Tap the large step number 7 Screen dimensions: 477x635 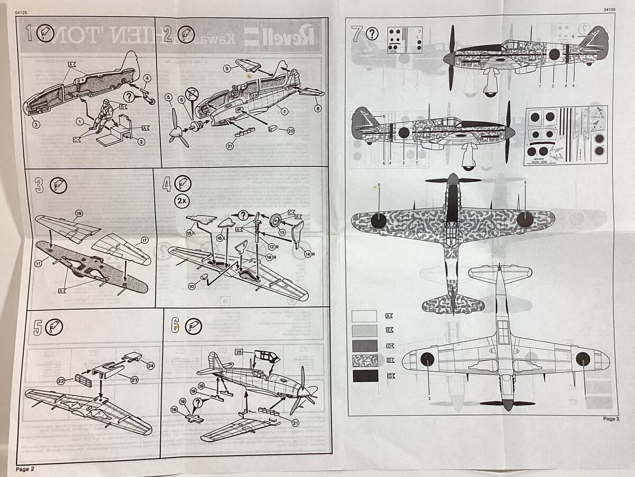pos(357,34)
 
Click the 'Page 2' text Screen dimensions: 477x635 pos(25,469)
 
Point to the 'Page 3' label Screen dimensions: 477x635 pos(610,419)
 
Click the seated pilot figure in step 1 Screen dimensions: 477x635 pos(102,117)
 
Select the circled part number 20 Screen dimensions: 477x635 pos(291,130)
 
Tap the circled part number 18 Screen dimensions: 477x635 pos(78,213)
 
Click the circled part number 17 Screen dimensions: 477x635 pos(143,240)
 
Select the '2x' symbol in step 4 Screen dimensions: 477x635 pos(179,201)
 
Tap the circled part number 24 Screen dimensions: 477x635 pos(150,366)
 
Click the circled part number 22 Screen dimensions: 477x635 pos(61,380)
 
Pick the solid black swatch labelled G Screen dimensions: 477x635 pos(365,376)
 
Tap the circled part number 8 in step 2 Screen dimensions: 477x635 pos(318,108)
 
